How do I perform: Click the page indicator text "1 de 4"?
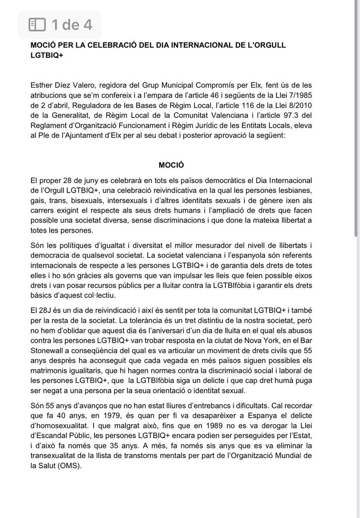pos(71,25)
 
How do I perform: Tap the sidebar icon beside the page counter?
pos(37,25)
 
